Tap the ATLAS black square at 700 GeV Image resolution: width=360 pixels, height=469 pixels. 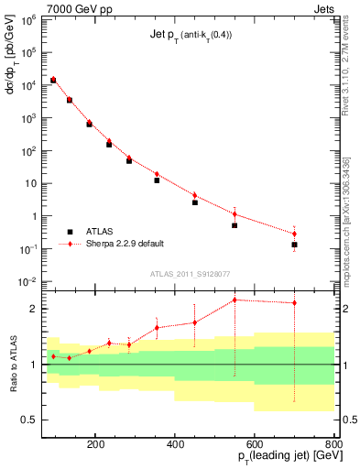point(294,245)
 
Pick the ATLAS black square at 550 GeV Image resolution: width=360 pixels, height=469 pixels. point(235,225)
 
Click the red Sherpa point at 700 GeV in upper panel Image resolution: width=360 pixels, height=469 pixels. point(294,234)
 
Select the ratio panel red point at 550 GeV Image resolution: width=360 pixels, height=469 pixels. point(235,300)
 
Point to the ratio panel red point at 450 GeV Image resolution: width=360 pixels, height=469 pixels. point(194,322)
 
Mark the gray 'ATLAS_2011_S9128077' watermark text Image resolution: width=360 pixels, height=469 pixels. point(190,272)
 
